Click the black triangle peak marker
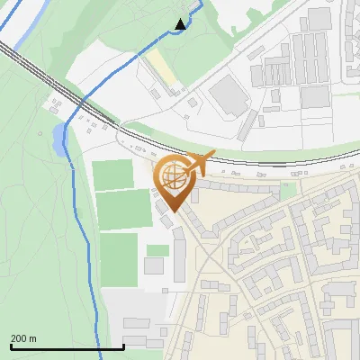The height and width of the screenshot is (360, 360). tap(181, 24)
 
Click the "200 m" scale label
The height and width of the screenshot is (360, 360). tap(23, 338)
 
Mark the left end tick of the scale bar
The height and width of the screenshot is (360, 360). tap(11, 346)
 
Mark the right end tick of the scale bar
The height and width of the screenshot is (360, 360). tap(123, 346)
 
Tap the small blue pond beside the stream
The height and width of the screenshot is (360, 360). tap(58, 139)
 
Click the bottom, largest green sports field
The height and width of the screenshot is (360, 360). tap(121, 258)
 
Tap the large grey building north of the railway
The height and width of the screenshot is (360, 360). tap(229, 94)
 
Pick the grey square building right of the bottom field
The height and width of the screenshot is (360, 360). tap(154, 265)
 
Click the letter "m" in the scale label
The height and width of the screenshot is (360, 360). tap(32, 338)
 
